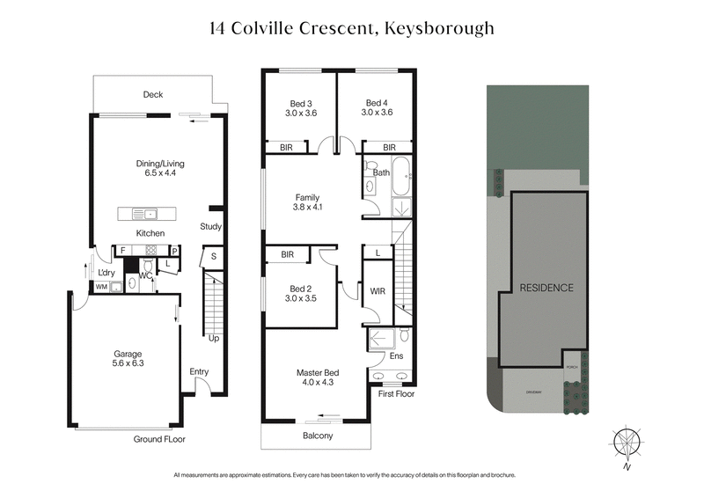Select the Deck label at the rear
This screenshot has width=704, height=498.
coord(153,95)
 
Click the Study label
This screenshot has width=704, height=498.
coord(210,227)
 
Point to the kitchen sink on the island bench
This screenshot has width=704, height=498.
coord(150,213)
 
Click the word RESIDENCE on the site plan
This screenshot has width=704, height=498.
coord(546,288)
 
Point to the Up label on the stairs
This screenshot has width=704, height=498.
coord(213,337)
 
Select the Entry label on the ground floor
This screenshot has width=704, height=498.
coord(199,371)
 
